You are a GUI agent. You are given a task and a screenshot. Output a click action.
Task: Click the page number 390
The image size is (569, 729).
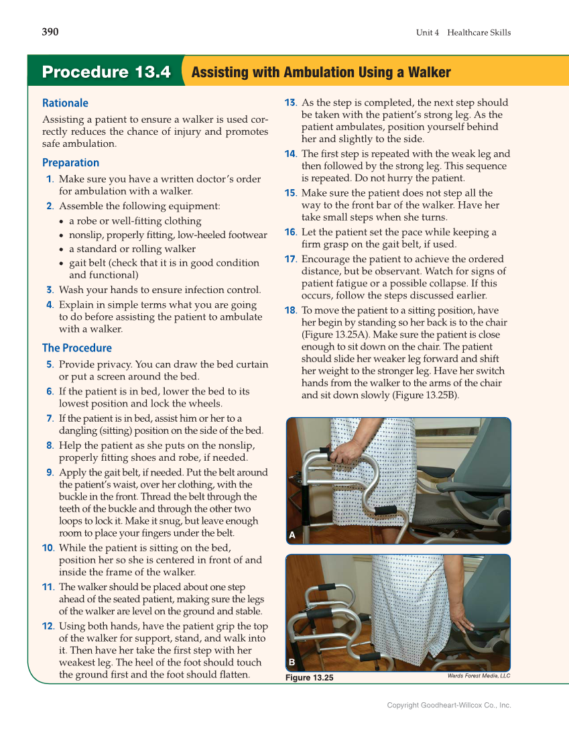(50, 32)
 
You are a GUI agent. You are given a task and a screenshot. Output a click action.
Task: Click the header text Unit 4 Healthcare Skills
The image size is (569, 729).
(463, 32)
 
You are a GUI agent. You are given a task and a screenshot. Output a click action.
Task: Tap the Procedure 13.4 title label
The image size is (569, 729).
(106, 72)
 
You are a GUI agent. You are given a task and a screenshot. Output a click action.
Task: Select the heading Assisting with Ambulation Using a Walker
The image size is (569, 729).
(321, 72)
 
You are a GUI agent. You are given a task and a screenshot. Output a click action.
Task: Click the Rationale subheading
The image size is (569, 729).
(65, 103)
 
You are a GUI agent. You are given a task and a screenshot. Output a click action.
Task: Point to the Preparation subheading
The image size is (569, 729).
(70, 163)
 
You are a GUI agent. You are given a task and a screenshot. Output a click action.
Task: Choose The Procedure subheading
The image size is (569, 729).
(76, 348)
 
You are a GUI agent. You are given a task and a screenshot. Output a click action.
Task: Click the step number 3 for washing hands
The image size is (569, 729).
(50, 290)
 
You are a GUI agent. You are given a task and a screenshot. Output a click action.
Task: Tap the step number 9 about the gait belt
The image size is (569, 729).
(50, 473)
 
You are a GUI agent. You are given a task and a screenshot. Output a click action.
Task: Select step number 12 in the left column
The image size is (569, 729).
(48, 626)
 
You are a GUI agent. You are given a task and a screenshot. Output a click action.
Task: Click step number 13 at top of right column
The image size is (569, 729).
(290, 103)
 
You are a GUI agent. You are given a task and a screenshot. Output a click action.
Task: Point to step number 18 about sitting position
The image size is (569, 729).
(290, 311)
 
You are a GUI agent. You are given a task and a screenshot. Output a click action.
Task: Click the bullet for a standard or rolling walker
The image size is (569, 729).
(62, 249)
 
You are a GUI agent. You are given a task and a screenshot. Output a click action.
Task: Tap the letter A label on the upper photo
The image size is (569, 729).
(292, 535)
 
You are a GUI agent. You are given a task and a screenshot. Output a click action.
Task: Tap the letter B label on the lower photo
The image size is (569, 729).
(292, 663)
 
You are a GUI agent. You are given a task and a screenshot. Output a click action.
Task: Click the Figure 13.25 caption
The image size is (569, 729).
(309, 678)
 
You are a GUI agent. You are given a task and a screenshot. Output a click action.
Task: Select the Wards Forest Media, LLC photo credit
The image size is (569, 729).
(479, 676)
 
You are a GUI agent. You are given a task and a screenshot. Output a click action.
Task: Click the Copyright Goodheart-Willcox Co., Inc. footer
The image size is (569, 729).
(449, 705)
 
